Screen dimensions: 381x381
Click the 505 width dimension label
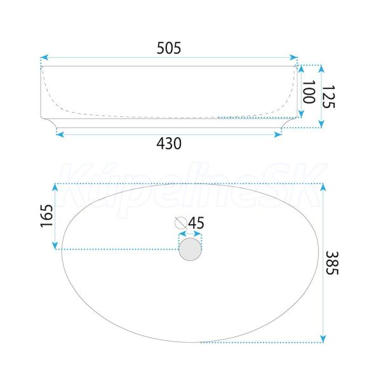pos(169,48)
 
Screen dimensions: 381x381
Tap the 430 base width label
pos(169,144)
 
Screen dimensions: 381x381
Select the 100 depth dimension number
pos(309,92)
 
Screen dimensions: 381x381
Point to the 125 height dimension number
pos(328,97)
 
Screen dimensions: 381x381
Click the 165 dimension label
pos(46,216)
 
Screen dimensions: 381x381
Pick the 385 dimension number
pos(332,263)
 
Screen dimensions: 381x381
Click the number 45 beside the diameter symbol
pos(196,223)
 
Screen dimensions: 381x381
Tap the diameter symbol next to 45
pos(181,223)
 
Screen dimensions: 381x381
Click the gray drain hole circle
pos(190,250)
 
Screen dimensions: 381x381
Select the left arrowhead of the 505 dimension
pos(44,58)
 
